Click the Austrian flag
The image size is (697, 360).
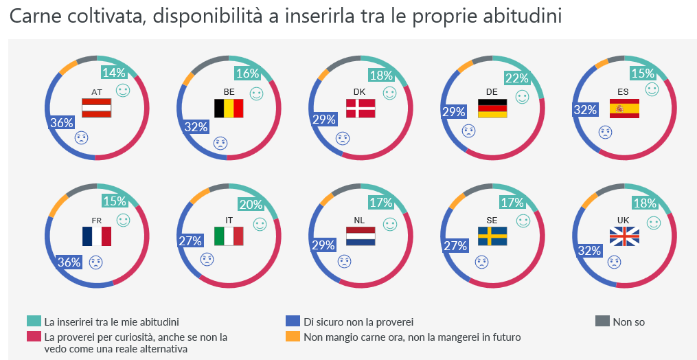(97, 108)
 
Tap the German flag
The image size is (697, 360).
(492, 108)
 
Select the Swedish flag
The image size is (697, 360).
(492, 236)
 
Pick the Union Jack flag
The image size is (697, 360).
(624, 236)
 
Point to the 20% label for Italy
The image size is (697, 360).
(250, 204)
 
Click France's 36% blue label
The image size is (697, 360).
(69, 262)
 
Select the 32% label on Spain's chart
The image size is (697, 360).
(584, 109)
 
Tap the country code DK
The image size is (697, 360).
(360, 91)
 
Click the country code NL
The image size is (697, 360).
(360, 221)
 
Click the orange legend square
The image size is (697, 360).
(293, 337)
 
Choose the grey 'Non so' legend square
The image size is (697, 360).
(602, 321)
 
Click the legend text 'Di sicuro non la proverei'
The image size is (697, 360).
(358, 322)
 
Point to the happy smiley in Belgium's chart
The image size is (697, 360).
(256, 93)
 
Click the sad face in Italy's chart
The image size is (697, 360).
(207, 259)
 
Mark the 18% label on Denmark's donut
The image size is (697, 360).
(381, 76)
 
